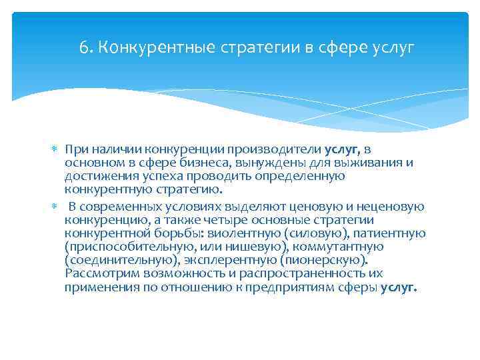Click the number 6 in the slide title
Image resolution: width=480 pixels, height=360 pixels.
coord(83,48)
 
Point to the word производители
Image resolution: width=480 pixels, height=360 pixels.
coord(287,149)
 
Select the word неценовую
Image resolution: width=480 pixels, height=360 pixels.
coord(391,207)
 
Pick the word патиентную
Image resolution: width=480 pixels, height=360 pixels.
coord(388,233)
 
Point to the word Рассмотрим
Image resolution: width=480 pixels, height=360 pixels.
coord(97,273)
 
